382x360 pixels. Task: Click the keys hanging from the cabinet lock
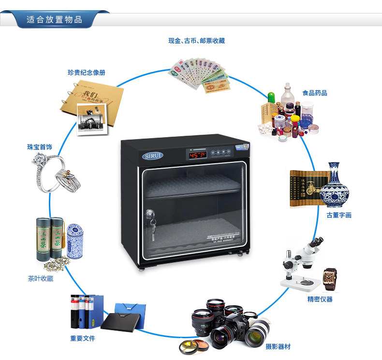(x=153, y=227)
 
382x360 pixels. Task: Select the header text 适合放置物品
(x=54, y=20)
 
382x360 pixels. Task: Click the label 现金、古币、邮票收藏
(x=196, y=41)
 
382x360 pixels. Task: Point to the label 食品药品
(x=314, y=92)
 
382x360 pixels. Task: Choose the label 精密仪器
(x=320, y=299)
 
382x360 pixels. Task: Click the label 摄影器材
(x=278, y=346)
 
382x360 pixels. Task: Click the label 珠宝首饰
(x=40, y=146)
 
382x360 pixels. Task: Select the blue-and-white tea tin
(x=74, y=239)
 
